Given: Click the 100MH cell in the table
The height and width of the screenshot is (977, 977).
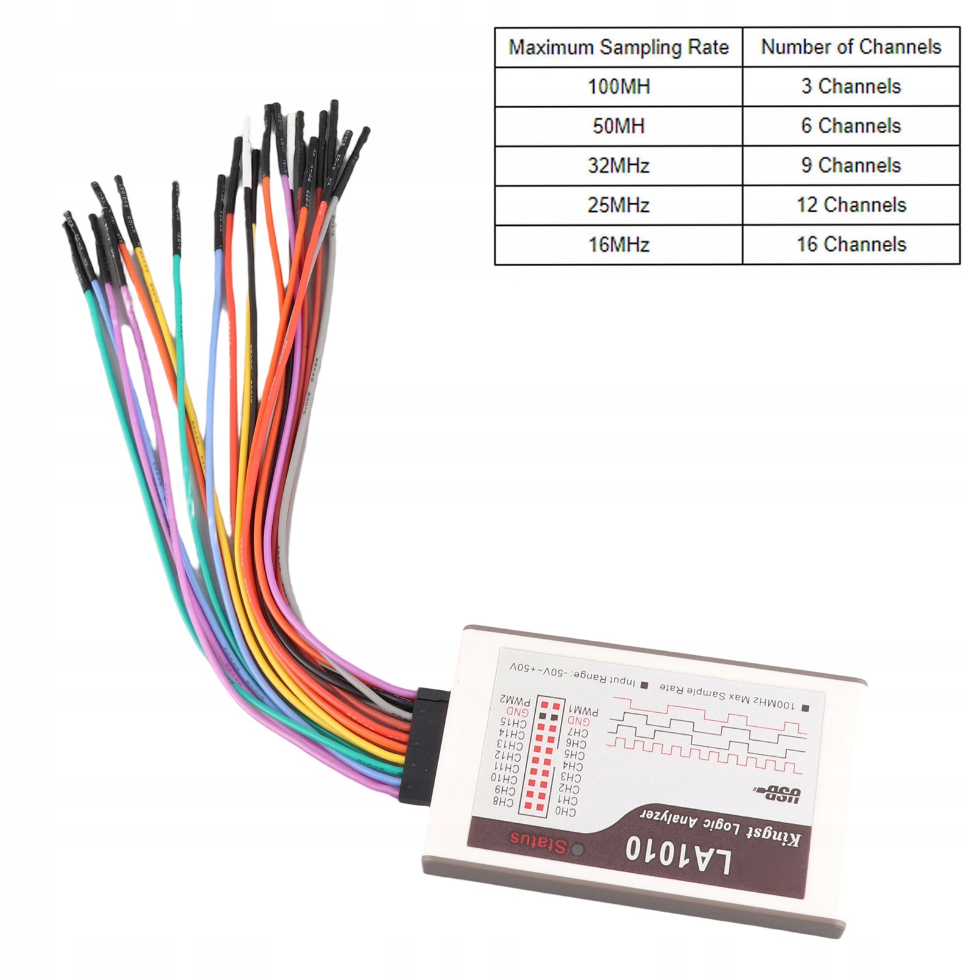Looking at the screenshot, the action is (618, 87).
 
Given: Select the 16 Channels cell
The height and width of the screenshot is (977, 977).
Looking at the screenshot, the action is (851, 245).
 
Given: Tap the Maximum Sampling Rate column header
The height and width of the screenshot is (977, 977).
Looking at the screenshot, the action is (618, 47).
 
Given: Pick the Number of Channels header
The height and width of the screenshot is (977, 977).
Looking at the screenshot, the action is (851, 47).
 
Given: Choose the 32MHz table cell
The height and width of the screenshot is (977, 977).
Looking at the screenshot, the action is (618, 165).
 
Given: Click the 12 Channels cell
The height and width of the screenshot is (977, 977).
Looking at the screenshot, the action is (851, 205).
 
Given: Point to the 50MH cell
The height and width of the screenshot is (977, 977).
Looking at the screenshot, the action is (618, 126).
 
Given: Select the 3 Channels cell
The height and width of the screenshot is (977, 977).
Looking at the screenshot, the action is (851, 87).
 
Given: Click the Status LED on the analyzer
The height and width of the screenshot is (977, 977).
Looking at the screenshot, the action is (577, 849).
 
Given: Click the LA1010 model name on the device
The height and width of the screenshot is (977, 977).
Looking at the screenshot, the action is (677, 857).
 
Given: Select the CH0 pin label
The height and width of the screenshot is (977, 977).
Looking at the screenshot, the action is (564, 811).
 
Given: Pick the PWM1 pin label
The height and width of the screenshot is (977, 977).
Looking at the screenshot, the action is (583, 711).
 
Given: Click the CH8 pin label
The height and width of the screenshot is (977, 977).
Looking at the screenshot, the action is (503, 801).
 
